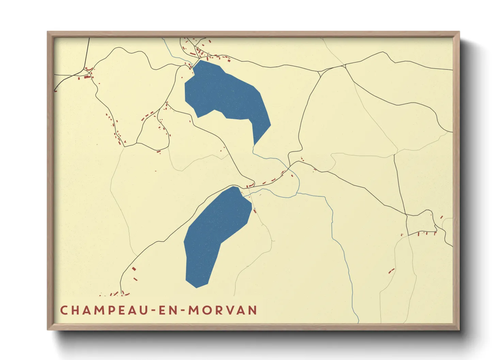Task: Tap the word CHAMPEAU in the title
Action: (103, 310)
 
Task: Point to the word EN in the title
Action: (167, 310)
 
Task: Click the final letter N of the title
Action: (252, 310)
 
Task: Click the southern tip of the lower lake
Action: (196, 288)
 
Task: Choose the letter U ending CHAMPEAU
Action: (143, 310)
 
